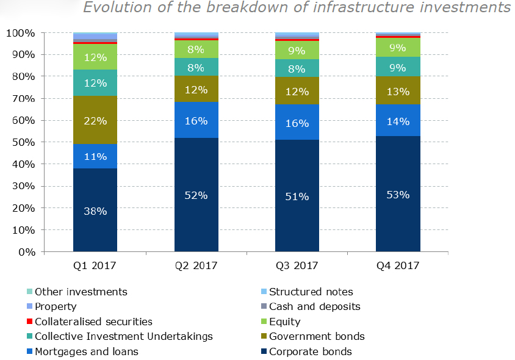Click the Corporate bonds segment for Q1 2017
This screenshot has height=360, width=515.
click(95, 210)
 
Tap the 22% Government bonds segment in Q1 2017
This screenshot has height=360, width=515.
click(95, 120)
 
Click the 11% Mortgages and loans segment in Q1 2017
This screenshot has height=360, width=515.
click(95, 156)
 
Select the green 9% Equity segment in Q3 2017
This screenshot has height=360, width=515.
click(297, 49)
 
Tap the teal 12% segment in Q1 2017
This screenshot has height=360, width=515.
click(95, 82)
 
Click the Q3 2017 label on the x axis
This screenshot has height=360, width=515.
click(297, 266)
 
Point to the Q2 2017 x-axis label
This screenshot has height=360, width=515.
click(196, 266)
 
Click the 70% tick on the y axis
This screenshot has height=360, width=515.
click(25, 98)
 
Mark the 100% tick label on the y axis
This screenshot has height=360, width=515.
click(22, 33)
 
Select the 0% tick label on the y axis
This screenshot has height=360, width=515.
click(27, 252)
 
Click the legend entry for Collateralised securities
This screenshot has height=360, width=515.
click(93, 322)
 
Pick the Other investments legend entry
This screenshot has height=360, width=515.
click(81, 292)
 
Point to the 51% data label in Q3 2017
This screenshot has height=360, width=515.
click(297, 196)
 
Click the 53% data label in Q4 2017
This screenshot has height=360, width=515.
click(398, 195)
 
